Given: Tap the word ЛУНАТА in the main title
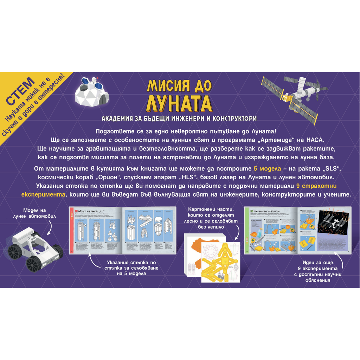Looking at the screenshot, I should tap(180, 102).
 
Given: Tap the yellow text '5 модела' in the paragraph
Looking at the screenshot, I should tap(267, 169).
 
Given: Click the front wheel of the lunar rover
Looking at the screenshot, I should tap(35, 263).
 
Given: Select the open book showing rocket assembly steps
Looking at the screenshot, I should tap(122, 230).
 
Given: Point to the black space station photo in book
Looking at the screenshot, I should tap(333, 225).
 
